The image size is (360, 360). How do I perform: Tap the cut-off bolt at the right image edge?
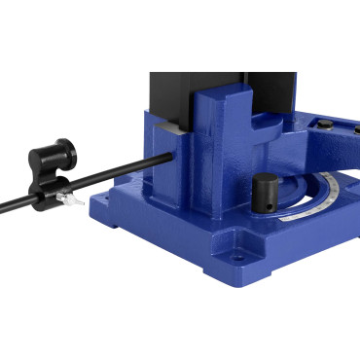point(355,136)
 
